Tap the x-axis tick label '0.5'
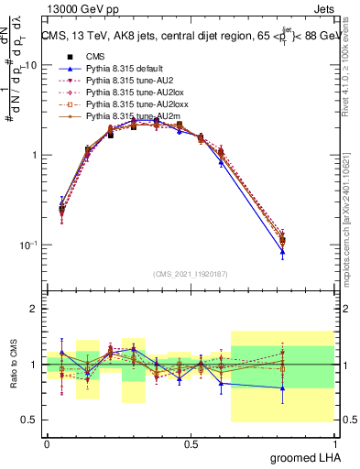point(191,442)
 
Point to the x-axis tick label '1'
point(334,442)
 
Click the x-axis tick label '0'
point(47,442)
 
